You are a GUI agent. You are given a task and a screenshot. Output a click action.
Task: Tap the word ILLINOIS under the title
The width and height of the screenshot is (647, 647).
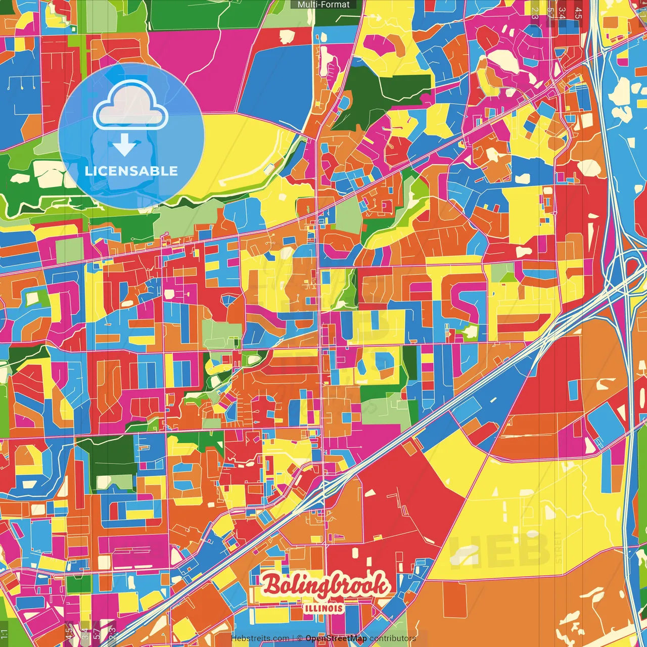pos(324,608)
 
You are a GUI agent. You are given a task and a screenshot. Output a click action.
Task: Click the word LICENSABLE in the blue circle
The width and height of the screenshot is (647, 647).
pos(131,171)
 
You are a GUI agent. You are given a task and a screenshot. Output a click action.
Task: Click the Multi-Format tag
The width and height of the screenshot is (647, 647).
pos(323,5)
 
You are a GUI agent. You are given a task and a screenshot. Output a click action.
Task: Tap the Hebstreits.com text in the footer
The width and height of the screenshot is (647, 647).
pos(260,638)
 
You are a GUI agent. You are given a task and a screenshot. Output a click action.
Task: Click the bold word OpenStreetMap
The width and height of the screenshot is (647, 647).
pos(336,638)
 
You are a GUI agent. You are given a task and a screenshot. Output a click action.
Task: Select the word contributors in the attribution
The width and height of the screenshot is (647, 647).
pos(393,638)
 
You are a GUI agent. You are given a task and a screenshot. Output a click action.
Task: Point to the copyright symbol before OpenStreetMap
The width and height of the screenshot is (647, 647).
pos(300,638)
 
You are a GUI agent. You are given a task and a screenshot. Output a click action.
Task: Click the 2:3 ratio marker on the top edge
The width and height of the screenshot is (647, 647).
pos(534,13)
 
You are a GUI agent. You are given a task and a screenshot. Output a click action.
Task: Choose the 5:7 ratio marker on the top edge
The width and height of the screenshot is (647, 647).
pos(549,13)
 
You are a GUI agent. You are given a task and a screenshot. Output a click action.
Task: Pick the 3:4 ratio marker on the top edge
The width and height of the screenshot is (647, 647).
pos(562,13)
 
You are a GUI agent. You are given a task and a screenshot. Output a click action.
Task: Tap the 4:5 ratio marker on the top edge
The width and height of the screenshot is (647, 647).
pos(578,13)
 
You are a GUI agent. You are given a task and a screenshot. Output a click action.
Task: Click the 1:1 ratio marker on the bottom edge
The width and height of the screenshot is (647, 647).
pos(5,634)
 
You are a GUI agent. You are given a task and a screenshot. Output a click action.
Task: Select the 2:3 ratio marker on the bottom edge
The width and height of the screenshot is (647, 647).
pos(112,634)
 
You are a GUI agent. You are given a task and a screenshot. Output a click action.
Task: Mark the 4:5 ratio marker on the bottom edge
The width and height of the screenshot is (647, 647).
pos(69,634)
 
